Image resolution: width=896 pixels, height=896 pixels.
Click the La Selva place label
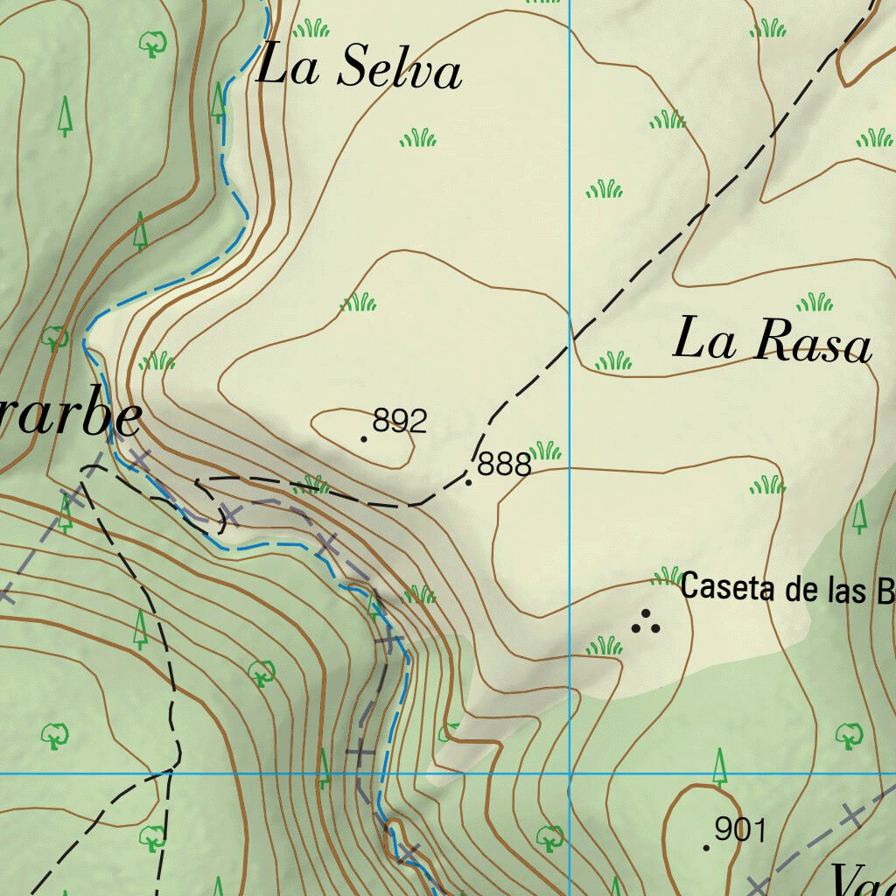tap(359, 67)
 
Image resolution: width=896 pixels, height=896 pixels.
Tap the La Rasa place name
tap(772, 341)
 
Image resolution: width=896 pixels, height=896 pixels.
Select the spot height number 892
tap(400, 422)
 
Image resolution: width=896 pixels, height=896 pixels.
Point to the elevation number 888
tap(505, 465)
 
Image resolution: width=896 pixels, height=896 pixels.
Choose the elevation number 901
tap(740, 829)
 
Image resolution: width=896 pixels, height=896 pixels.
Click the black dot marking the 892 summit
tap(364, 438)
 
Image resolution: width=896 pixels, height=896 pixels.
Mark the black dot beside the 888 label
tap(469, 482)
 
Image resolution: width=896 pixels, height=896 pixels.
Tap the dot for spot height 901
tap(706, 847)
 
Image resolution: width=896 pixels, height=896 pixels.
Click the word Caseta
tap(728, 586)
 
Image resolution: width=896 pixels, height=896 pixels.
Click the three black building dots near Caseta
tap(647, 622)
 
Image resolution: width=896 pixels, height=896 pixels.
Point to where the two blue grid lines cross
tap(570, 773)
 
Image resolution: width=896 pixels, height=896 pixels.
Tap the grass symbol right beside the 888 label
tap(545, 451)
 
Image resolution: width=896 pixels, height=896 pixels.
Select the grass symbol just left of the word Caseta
tap(667, 576)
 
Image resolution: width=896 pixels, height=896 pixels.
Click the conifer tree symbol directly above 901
tap(720, 766)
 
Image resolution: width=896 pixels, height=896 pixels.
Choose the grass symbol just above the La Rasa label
tap(815, 303)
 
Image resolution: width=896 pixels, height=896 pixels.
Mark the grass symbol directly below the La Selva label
tap(418, 137)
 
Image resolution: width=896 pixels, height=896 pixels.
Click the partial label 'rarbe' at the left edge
tap(70, 420)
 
